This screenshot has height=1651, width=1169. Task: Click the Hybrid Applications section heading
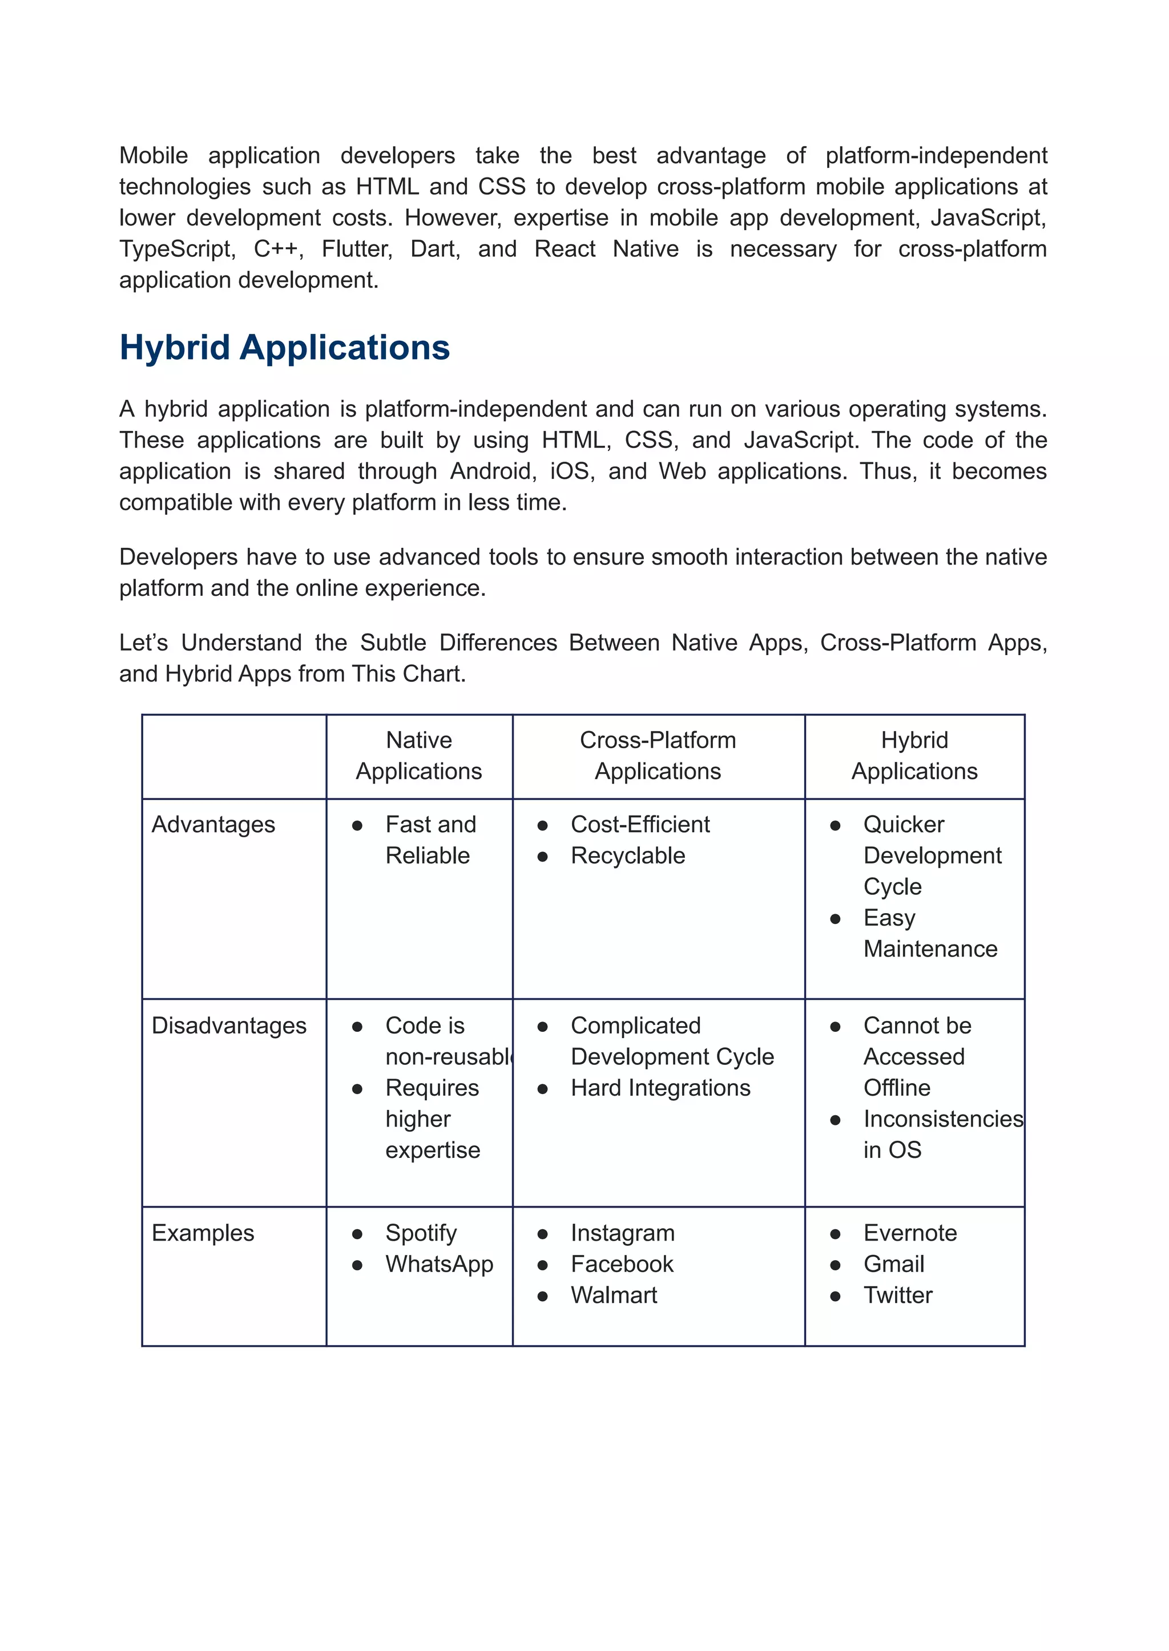coord(284,348)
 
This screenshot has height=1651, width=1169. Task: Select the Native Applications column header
coord(419,755)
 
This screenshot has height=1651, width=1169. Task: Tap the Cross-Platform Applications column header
coord(658,755)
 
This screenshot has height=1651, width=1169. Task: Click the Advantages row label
coord(213,825)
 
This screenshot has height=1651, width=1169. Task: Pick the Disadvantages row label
coord(229,1026)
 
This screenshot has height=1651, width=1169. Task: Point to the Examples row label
coord(203,1233)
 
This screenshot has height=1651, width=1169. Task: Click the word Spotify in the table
coord(421,1233)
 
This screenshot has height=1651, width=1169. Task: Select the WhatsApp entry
coord(439,1265)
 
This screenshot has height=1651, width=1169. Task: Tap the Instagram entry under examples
coord(623,1233)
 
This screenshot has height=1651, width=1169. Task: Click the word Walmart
coord(614,1295)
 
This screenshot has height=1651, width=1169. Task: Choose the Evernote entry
coord(910,1233)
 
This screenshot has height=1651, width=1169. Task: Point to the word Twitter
coord(898,1295)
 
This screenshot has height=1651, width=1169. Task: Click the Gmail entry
coord(893,1265)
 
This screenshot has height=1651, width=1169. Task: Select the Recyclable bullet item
coord(628,855)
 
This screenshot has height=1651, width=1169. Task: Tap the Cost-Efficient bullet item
coord(640,825)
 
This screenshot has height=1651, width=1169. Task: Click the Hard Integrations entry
coord(660,1088)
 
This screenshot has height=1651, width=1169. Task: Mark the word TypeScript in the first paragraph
coord(177,249)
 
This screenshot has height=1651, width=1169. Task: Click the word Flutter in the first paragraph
coord(357,249)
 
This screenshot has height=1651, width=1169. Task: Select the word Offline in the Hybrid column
coord(897,1088)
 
